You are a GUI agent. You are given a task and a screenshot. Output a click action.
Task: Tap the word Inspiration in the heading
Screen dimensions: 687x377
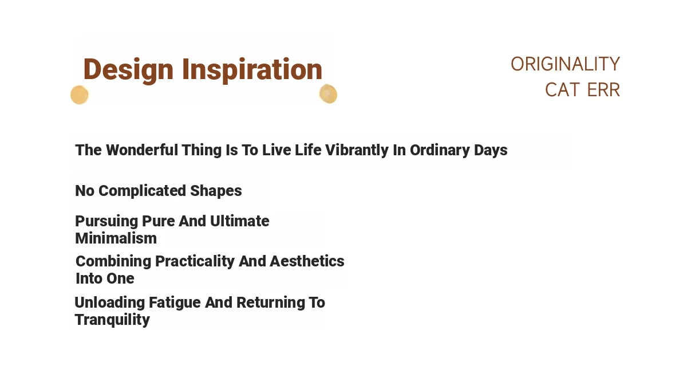tap(252, 70)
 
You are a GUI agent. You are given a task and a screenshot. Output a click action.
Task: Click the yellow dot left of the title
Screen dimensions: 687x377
tap(80, 95)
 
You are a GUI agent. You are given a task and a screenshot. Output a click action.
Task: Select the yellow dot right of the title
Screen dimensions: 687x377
tap(328, 94)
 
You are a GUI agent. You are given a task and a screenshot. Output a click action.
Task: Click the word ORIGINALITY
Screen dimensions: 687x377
tap(565, 64)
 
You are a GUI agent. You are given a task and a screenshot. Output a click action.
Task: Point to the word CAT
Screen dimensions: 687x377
tap(562, 90)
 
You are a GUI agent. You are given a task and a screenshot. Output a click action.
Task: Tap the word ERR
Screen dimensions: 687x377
tap(603, 90)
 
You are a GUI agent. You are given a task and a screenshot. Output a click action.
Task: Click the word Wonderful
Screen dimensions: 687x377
tap(142, 150)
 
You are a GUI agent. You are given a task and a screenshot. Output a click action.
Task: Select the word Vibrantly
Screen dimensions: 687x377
tap(357, 151)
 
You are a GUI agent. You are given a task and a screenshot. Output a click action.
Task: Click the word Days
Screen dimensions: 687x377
tap(491, 151)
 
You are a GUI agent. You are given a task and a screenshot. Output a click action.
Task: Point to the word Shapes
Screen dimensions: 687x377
tap(216, 191)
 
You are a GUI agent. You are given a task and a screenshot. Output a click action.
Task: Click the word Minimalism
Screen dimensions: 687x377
tap(116, 238)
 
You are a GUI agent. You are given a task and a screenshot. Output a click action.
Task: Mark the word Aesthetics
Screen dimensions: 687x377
tap(307, 261)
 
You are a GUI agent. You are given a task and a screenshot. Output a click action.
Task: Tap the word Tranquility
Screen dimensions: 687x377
tap(112, 320)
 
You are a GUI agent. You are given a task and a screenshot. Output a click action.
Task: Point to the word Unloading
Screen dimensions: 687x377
tap(109, 303)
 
